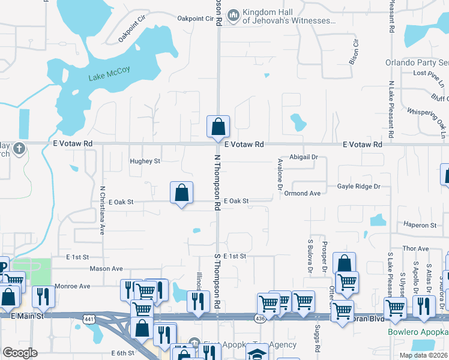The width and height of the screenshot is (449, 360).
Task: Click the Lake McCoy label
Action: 109,70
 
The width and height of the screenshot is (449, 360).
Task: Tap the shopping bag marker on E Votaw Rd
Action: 218,127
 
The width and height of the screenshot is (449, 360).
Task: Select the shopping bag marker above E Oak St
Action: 181,193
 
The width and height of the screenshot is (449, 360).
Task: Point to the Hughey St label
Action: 145,161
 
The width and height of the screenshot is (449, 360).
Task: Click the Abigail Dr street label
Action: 306,157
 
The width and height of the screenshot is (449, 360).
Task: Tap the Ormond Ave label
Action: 303,193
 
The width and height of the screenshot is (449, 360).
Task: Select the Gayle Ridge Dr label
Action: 358,187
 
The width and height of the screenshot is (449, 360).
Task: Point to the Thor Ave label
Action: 415,248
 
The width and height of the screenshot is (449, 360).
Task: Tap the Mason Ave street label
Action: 106,269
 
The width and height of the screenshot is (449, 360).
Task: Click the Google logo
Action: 20,353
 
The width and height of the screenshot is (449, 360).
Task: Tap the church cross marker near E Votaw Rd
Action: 19,148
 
